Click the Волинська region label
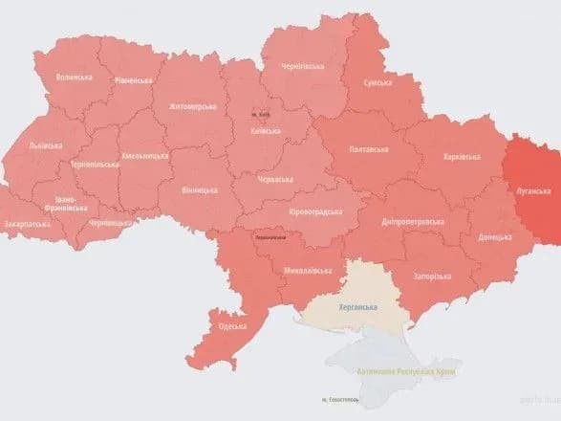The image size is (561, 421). click(x=74, y=77)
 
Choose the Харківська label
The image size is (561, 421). click(x=462, y=155)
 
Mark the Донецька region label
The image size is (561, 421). click(x=494, y=235)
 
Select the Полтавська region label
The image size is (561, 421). click(x=369, y=149)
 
